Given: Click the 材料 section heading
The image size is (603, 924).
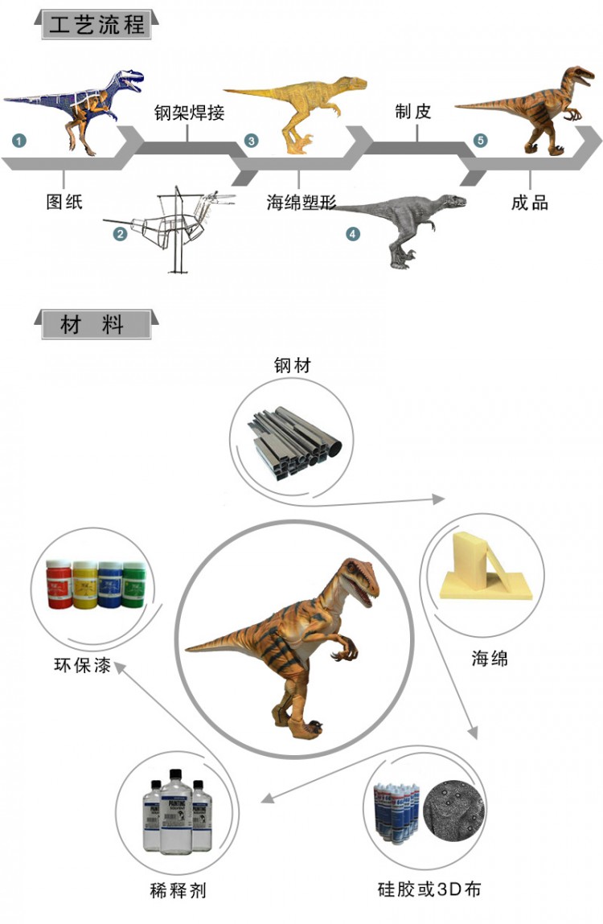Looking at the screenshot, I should [92, 325].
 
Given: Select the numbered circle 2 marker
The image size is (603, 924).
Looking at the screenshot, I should [120, 234].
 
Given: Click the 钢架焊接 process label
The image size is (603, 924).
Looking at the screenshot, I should [189, 113].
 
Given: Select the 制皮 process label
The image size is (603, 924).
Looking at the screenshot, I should [414, 112].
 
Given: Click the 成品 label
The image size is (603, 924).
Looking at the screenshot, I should [530, 202].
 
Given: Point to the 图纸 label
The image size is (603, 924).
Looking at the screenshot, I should [64, 202].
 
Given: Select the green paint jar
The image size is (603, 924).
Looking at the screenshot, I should [132, 583].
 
